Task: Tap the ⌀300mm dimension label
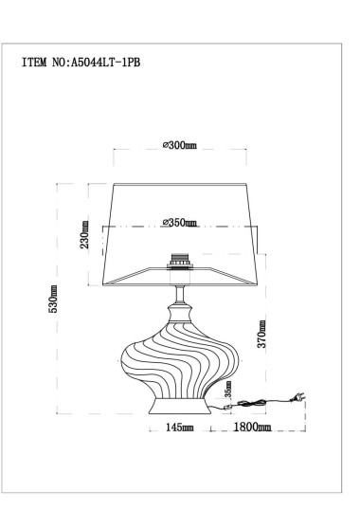coord(179,145)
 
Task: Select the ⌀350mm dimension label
coord(179,223)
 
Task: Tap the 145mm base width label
coord(179,428)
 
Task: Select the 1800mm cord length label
coord(252,428)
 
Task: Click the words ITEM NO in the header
coord(42,64)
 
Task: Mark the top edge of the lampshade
coord(179,184)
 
